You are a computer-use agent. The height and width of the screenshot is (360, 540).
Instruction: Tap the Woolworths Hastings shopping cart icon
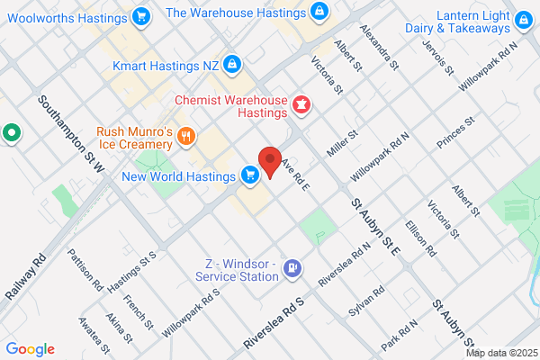click(x=140, y=15)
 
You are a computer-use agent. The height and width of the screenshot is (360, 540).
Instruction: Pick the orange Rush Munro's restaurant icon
click(x=186, y=136)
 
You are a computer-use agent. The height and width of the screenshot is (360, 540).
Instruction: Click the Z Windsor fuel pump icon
click(x=292, y=268)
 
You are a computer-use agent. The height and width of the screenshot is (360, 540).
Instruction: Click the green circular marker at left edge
click(x=11, y=134)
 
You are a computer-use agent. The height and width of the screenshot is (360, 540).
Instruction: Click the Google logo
click(x=30, y=349)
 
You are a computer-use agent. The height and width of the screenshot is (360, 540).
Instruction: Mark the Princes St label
click(x=455, y=132)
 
